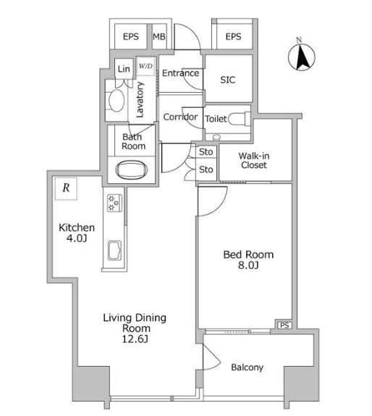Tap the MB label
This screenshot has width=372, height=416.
click(x=159, y=37)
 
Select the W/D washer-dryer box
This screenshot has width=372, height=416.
click(x=145, y=66)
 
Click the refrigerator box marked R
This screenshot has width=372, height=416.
click(x=66, y=188)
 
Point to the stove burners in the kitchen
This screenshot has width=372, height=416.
click(x=114, y=203)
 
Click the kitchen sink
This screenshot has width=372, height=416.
click(x=115, y=250)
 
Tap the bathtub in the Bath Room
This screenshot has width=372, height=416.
click(x=132, y=170)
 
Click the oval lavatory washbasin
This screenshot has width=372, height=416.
click(x=117, y=101)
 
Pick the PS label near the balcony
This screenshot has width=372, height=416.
click(x=284, y=325)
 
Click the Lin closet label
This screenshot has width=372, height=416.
click(x=124, y=69)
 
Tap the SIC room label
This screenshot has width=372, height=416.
click(x=227, y=80)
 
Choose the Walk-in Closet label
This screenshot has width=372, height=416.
click(x=254, y=160)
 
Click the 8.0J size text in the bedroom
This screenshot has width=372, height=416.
click(x=248, y=265)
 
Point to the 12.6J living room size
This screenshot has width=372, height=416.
click(x=135, y=339)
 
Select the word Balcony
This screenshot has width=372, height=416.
click(x=248, y=367)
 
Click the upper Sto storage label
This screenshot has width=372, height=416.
click(x=206, y=152)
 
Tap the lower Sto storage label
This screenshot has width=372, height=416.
click(x=206, y=170)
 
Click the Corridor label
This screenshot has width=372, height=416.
click(x=180, y=117)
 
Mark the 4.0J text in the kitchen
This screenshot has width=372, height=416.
click(x=77, y=238)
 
